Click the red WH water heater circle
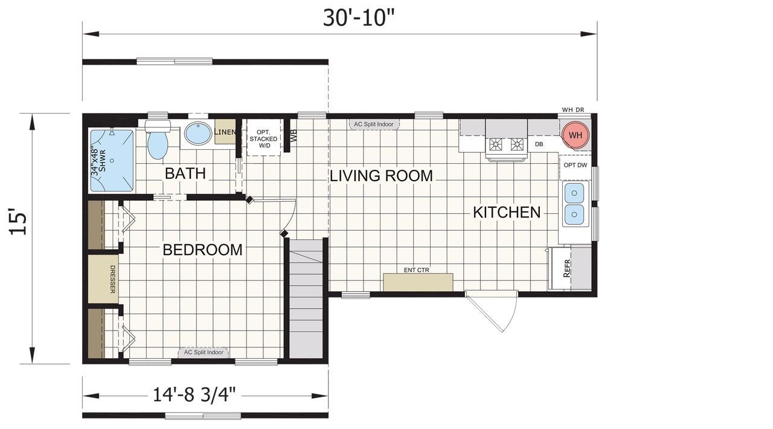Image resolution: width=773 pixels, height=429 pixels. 576,135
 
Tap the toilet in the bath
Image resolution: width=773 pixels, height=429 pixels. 158,141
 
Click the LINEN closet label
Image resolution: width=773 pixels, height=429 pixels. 225,132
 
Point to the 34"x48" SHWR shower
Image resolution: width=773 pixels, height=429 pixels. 111,160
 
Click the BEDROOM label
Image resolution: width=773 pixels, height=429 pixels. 202,250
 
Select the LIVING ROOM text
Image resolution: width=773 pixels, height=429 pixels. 381,176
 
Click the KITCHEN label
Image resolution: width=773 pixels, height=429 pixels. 506,212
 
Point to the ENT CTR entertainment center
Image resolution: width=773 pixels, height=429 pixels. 418,282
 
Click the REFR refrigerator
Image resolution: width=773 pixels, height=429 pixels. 566,268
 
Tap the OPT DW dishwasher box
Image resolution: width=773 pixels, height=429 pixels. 575,166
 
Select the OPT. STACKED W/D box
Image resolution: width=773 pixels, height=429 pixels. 264,138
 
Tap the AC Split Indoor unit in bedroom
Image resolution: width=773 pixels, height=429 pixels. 204,352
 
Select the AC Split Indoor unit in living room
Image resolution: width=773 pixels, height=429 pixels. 374,124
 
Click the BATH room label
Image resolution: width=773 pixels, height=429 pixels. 185,173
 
